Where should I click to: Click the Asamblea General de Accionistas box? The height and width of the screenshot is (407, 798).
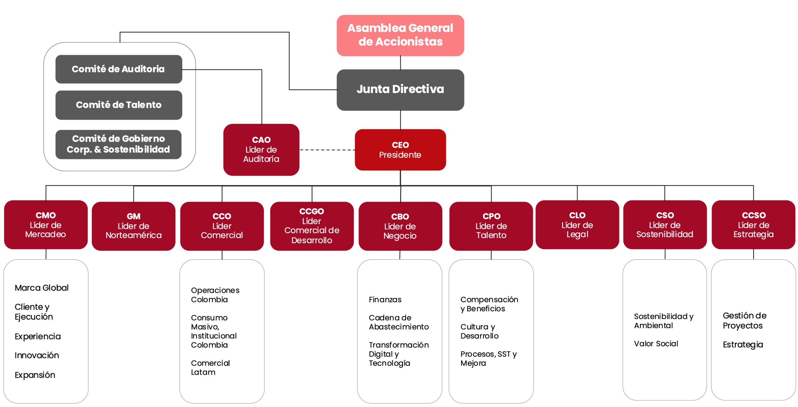click(400, 35)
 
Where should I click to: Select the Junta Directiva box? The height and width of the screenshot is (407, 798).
click(400, 90)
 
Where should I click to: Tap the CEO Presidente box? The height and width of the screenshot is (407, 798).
click(400, 150)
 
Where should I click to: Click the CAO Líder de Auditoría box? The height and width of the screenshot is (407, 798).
click(261, 150)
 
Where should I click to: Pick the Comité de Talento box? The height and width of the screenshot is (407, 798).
click(119, 105)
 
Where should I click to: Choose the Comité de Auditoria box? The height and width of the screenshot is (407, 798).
click(119, 69)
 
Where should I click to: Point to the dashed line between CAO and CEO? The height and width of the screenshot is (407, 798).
click(327, 150)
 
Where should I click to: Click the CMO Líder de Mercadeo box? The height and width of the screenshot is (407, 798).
click(46, 225)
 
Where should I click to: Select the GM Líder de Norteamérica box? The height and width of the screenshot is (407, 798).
click(134, 226)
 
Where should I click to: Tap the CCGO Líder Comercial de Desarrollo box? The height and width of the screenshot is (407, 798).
click(312, 226)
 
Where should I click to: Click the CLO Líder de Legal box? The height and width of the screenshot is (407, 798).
click(577, 225)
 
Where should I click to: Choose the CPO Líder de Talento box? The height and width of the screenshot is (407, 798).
click(491, 226)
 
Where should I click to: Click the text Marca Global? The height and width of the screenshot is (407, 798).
click(42, 288)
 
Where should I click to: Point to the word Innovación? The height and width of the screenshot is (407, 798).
click(37, 355)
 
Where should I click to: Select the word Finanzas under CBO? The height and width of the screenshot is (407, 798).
click(385, 300)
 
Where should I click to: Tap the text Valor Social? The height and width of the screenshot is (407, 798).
click(656, 344)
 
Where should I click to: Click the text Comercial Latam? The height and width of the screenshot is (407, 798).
click(210, 367)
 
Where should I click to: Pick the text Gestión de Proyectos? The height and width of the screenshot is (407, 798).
click(745, 321)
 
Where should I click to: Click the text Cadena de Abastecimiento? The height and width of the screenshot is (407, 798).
click(399, 322)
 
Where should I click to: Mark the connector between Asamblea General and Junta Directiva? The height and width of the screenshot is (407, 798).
click(401, 63)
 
